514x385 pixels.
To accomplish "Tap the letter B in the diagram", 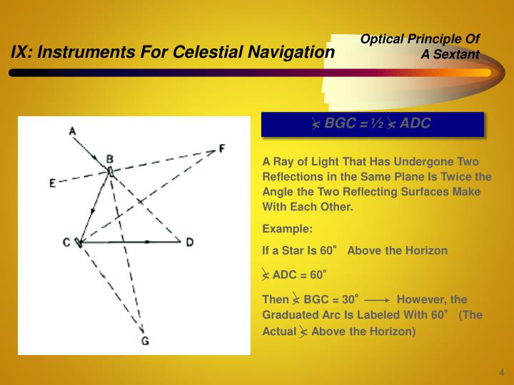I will pos(110,158).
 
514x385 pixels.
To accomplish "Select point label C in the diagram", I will pos(66,242).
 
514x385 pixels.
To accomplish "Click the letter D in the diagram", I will pos(190,242).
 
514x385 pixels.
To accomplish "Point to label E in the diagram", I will pos(52,183).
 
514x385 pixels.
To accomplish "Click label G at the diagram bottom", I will pos(145,340).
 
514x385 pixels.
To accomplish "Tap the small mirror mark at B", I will pos(110,171).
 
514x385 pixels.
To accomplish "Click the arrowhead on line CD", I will pos(147,242).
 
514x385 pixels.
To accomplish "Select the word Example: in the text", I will pos(288,229).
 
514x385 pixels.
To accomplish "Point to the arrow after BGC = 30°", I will pos(377,300).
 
